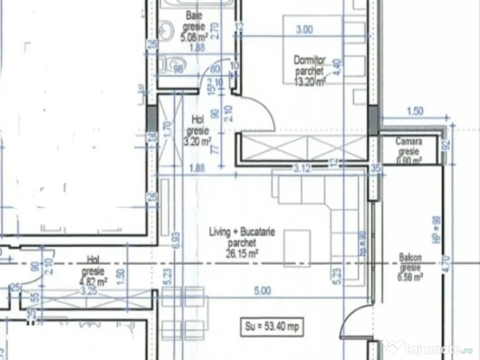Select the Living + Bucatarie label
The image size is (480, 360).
coord(242,232)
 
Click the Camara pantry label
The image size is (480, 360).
coord(409,141)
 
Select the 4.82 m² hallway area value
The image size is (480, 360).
coord(95,282)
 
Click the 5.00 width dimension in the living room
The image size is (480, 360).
coord(262,291)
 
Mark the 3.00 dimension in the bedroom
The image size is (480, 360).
coord(305,29)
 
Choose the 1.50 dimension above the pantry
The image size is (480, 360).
coord(415,111)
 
